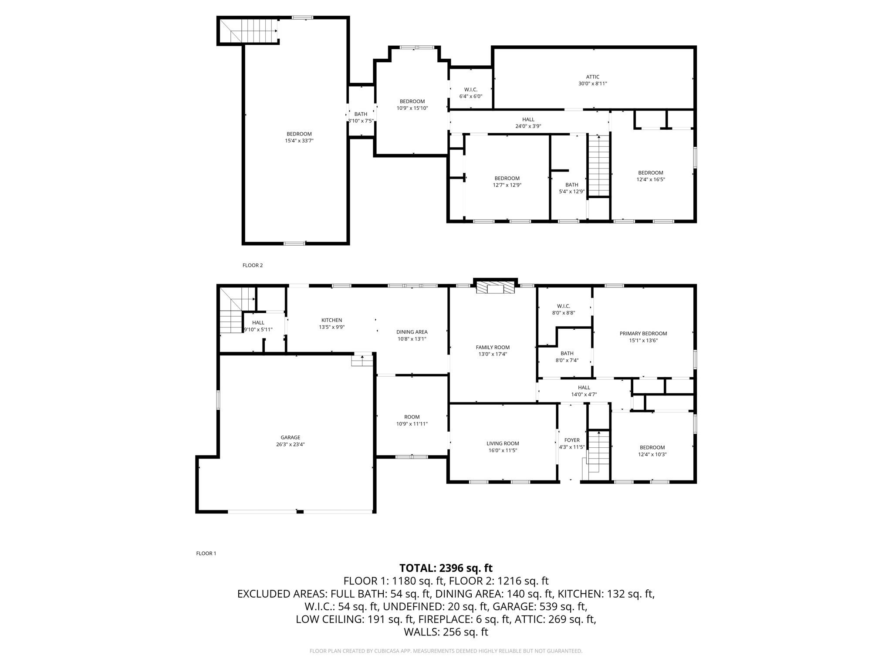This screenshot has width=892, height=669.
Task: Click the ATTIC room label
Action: coord(592,77)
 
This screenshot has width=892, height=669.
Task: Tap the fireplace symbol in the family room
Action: coord(495,288)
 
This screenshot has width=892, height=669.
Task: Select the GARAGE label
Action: coord(291,438)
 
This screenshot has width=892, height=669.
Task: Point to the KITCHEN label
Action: coord(332,320)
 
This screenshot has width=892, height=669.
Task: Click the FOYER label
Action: coord(572,440)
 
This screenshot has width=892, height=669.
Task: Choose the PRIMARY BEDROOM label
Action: coord(643,334)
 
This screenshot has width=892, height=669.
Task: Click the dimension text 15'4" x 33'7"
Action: coord(299,141)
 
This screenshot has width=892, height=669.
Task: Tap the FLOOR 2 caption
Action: coord(253,265)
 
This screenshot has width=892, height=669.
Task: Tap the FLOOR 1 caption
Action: coord(206,554)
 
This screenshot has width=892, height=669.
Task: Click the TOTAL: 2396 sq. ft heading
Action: coord(446,568)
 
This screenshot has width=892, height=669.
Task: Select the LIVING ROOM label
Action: coord(503,443)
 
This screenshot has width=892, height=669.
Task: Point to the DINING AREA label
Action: coord(412,332)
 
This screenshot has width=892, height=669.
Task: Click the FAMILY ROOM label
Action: coord(493,347)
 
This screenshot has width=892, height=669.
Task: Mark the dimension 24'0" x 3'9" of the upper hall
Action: coord(528,126)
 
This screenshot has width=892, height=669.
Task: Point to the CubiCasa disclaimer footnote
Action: coord(446,651)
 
